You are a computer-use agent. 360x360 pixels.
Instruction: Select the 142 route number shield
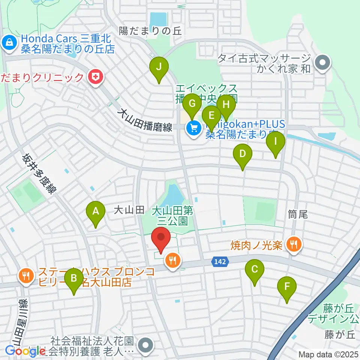click(221, 262)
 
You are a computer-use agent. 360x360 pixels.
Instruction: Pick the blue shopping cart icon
click(193, 129)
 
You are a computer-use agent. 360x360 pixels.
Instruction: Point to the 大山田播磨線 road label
click(144, 120)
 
